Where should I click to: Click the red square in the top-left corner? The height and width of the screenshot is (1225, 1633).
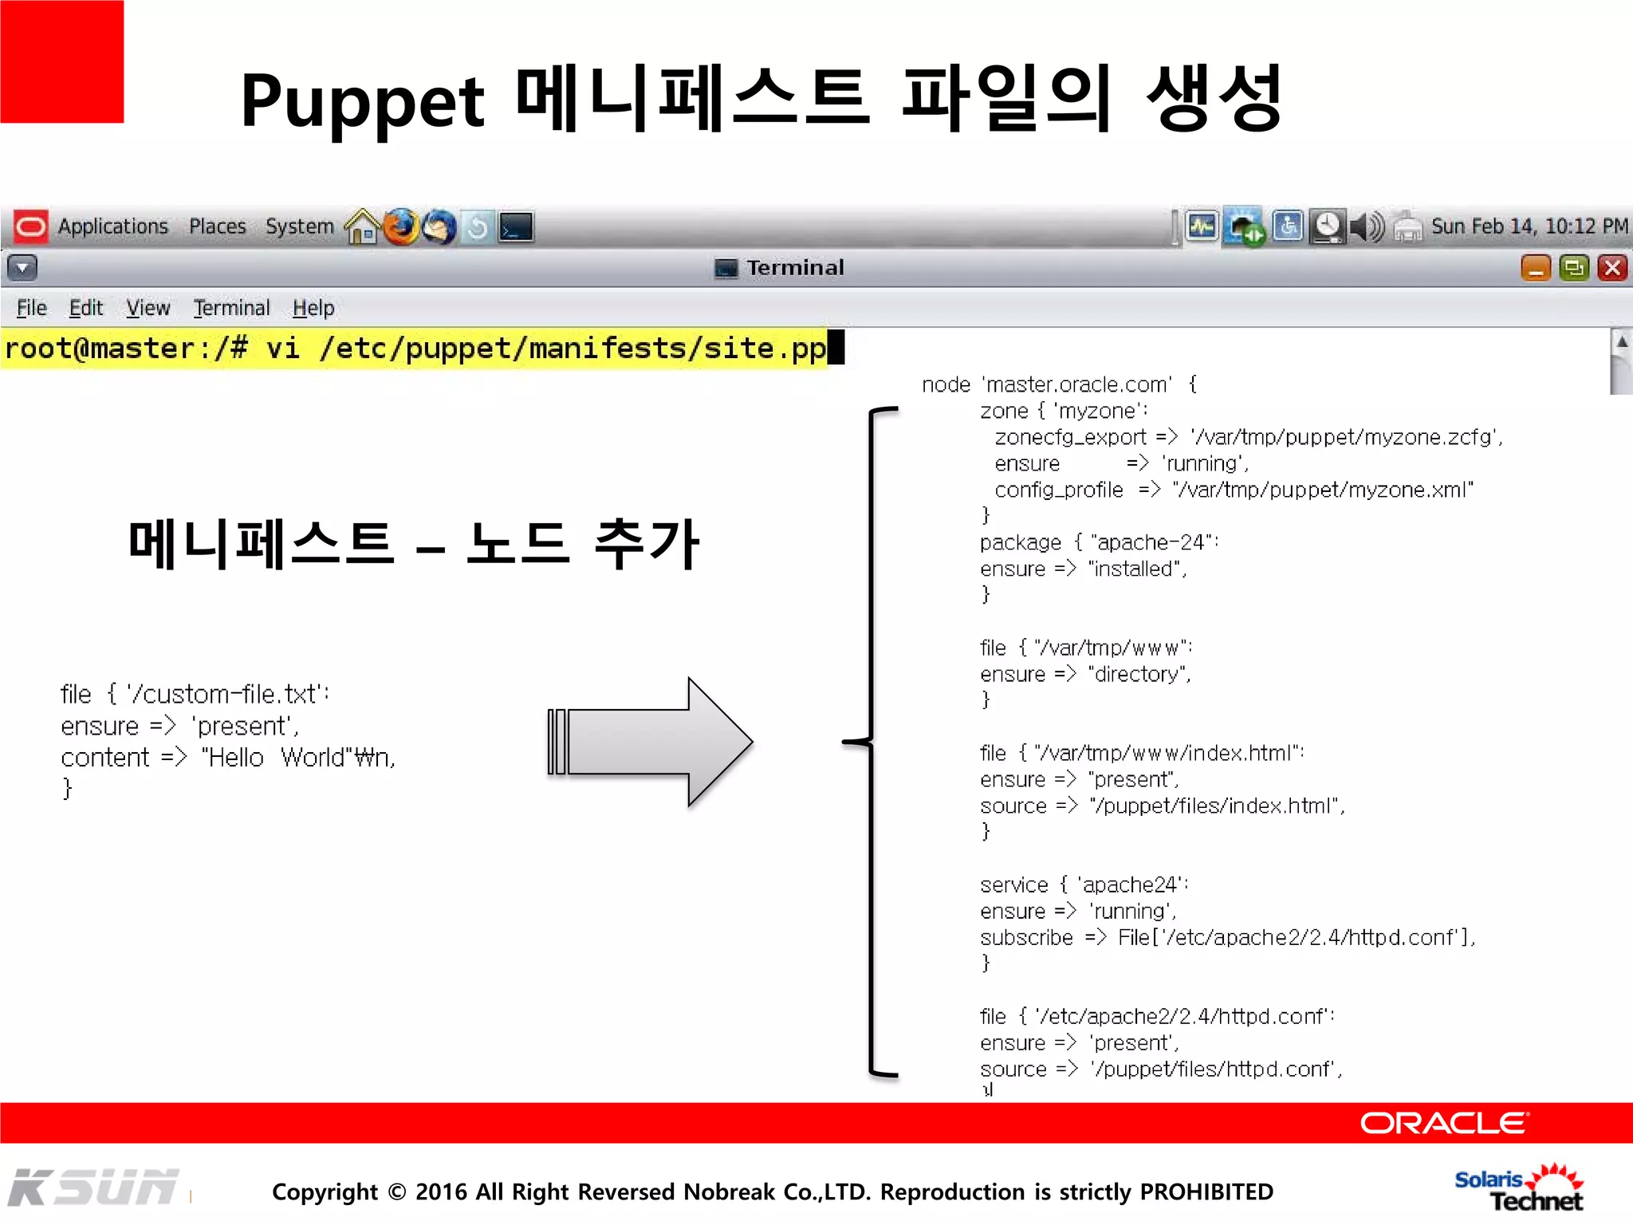pyautogui.click(x=61, y=61)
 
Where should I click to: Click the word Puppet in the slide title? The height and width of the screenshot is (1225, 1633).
pyautogui.click(x=362, y=102)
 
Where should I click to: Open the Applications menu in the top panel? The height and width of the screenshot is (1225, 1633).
pyautogui.click(x=112, y=226)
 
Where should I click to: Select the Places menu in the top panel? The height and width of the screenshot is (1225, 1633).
pyautogui.click(x=217, y=226)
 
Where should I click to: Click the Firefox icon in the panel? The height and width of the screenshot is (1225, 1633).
pyautogui.click(x=401, y=227)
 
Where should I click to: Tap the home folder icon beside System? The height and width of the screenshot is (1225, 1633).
pyautogui.click(x=363, y=227)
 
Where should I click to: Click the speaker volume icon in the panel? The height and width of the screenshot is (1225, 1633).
pyautogui.click(x=1367, y=227)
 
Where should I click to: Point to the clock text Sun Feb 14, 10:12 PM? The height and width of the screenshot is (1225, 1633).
pyautogui.click(x=1529, y=226)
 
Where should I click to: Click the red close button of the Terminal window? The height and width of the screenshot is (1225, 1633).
pyautogui.click(x=1611, y=268)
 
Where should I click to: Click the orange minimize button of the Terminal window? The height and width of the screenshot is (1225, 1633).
pyautogui.click(x=1535, y=268)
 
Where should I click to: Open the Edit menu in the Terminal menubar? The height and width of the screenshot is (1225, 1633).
pyautogui.click(x=85, y=308)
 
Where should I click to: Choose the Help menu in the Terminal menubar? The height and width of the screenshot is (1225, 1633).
pyautogui.click(x=313, y=308)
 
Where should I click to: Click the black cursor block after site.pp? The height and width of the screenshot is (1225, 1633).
pyautogui.click(x=836, y=348)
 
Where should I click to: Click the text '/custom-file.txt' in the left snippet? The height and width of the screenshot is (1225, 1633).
pyautogui.click(x=226, y=694)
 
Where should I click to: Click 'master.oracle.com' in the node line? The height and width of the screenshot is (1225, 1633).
pyautogui.click(x=1078, y=384)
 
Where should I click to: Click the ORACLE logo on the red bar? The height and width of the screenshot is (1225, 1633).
pyautogui.click(x=1443, y=1123)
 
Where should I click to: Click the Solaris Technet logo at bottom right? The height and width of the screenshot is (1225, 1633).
pyautogui.click(x=1519, y=1189)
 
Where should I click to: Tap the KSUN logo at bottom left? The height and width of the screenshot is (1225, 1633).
pyautogui.click(x=94, y=1188)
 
